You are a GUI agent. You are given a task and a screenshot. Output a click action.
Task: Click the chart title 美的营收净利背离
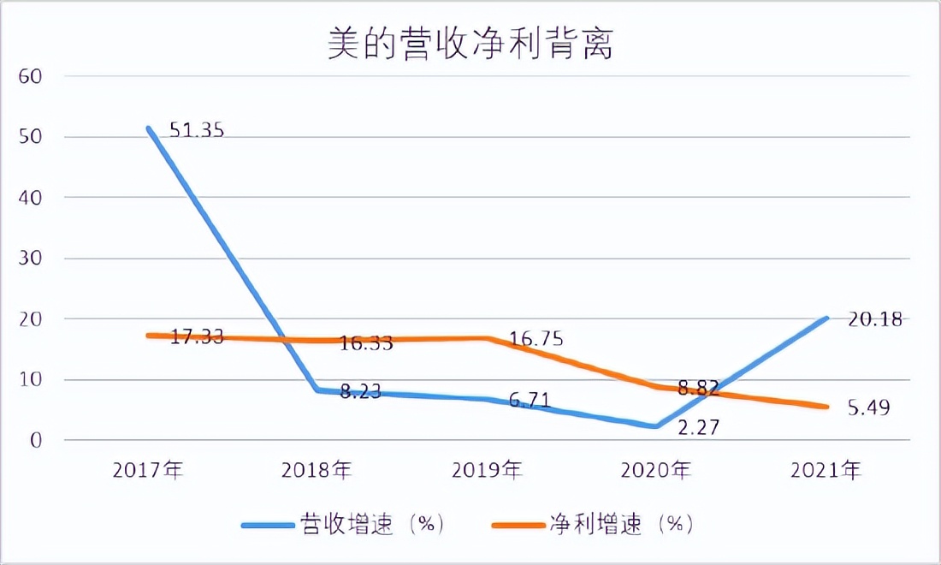coord(470,45)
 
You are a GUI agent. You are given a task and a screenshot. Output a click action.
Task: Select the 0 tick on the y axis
coord(35,441)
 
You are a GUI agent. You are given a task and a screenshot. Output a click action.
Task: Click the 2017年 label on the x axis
coord(148,470)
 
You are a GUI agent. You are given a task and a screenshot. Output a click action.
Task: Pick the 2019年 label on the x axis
coord(488,470)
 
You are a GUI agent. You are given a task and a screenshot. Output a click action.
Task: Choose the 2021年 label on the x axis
coord(826,470)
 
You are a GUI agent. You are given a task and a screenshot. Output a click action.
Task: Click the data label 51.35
coord(197,132)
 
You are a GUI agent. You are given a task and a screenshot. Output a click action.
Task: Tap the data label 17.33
coord(197,336)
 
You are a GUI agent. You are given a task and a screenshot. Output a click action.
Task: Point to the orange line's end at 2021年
coord(826,407)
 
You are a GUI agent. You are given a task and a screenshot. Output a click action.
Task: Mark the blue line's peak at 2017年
coord(149,128)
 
